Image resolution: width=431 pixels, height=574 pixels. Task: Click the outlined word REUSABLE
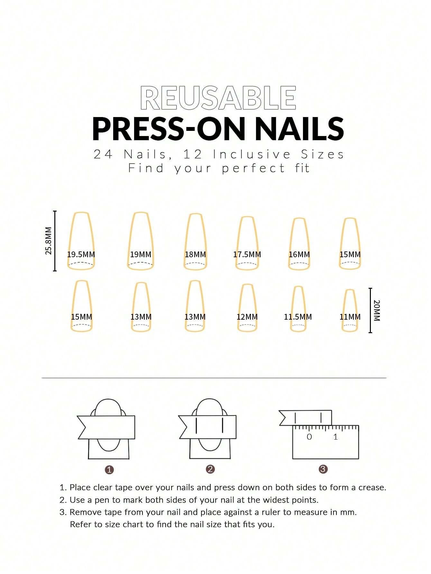point(218,98)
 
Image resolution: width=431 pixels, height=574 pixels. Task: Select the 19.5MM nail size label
point(81,254)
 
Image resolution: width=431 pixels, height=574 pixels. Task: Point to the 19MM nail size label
point(141,254)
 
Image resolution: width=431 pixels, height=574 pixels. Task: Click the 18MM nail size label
point(195,254)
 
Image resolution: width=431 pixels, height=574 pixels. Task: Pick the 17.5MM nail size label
point(247,254)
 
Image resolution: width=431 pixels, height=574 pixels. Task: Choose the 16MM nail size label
point(299,254)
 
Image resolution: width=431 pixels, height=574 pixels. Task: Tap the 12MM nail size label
point(247,317)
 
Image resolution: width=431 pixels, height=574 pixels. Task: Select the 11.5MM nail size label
point(298,317)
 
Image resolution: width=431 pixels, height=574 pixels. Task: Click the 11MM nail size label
point(350,317)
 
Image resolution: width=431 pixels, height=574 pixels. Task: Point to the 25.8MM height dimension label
point(48,241)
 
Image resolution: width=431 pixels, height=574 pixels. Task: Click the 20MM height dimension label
point(377,310)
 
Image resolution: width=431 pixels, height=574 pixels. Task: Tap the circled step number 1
point(109,470)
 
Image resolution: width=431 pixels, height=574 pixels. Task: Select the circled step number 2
point(210,469)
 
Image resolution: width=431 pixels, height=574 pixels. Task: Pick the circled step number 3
point(323,469)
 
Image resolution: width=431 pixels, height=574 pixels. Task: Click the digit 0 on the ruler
point(309,437)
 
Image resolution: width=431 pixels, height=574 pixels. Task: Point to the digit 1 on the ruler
point(335,437)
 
